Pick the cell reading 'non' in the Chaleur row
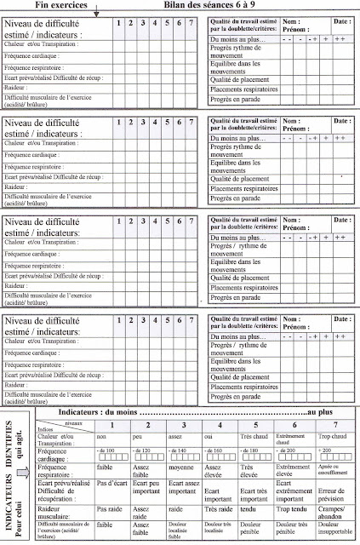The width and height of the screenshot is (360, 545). (x=101, y=435)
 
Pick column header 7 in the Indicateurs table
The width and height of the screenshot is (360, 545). (x=334, y=423)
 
